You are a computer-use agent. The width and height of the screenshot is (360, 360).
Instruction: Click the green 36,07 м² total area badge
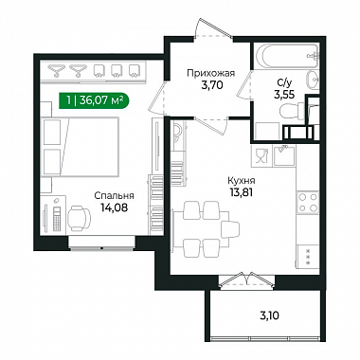pos(94,100)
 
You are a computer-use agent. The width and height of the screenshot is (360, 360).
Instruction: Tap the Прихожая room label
pos(210,74)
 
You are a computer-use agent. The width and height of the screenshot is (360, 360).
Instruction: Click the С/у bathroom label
pos(285,83)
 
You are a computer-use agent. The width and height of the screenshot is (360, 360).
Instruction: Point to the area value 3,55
pos(284,95)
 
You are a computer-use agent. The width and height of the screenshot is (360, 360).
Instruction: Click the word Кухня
pos(242,181)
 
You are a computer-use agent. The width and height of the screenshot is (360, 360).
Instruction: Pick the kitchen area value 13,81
pos(242,192)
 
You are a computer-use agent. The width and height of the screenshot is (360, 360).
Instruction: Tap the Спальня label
pos(114,196)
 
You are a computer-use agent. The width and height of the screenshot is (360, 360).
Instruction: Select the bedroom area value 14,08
pos(115,207)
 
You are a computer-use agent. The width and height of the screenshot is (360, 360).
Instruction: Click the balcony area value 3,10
pos(269,315)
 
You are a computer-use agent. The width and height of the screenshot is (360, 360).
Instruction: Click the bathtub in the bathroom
pos(287,56)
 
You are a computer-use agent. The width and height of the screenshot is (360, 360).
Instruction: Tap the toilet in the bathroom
pos(292,110)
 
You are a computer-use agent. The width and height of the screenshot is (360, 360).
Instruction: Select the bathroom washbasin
pos(313,81)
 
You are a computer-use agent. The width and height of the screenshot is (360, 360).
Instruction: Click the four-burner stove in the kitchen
pos(308,203)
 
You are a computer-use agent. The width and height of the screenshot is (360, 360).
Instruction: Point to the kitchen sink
pos(284,155)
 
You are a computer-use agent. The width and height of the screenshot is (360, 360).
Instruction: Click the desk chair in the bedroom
pos(79,217)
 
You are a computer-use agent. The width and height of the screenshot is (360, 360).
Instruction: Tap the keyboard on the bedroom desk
pos(57,219)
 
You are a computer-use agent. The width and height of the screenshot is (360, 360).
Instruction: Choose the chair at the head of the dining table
pos(230,229)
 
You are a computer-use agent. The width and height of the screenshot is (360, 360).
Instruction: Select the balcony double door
pos(246,279)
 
